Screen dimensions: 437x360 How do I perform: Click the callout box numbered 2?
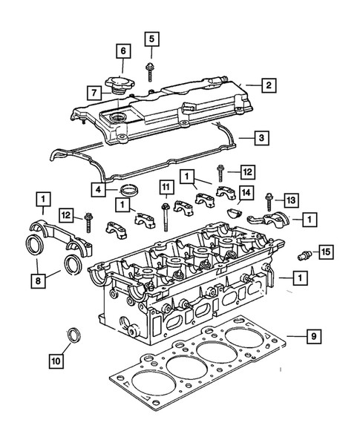[x=269, y=86]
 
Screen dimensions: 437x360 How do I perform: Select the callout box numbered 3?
[x=263, y=137]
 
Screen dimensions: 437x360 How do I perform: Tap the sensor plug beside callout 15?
[x=302, y=254]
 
